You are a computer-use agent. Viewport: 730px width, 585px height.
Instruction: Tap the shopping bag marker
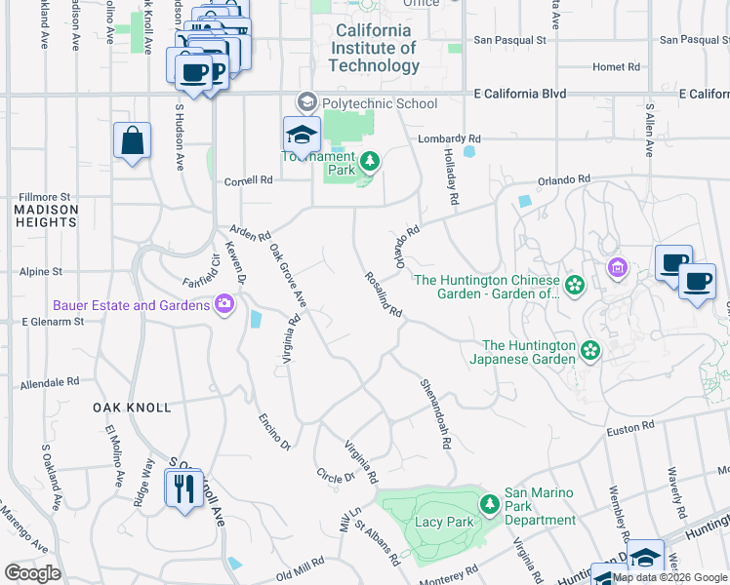coord(132,141)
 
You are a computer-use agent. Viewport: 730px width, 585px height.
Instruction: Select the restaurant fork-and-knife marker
coord(182,487)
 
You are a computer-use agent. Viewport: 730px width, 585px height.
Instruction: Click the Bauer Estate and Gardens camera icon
coord(225,305)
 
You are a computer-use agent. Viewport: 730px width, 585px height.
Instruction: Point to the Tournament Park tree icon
coord(369,161)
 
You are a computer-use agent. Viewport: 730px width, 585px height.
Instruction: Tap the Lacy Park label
coord(445,522)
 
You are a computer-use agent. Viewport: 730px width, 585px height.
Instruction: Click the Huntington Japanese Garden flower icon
coord(589,349)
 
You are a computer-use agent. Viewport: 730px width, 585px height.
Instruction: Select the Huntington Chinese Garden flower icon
coord(575,285)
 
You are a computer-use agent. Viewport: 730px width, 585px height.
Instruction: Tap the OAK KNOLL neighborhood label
coord(132,408)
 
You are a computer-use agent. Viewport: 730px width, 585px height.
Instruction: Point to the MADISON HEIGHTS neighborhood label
coord(46,215)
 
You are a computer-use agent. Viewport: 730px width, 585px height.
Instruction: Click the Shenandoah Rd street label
coord(436,413)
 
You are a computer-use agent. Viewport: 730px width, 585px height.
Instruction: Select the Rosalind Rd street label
coord(384,293)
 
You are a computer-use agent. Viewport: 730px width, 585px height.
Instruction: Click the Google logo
coord(32,573)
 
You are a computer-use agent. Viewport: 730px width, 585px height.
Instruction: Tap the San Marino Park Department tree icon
coord(490,503)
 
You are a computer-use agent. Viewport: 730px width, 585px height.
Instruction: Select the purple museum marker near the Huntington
coord(616,267)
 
